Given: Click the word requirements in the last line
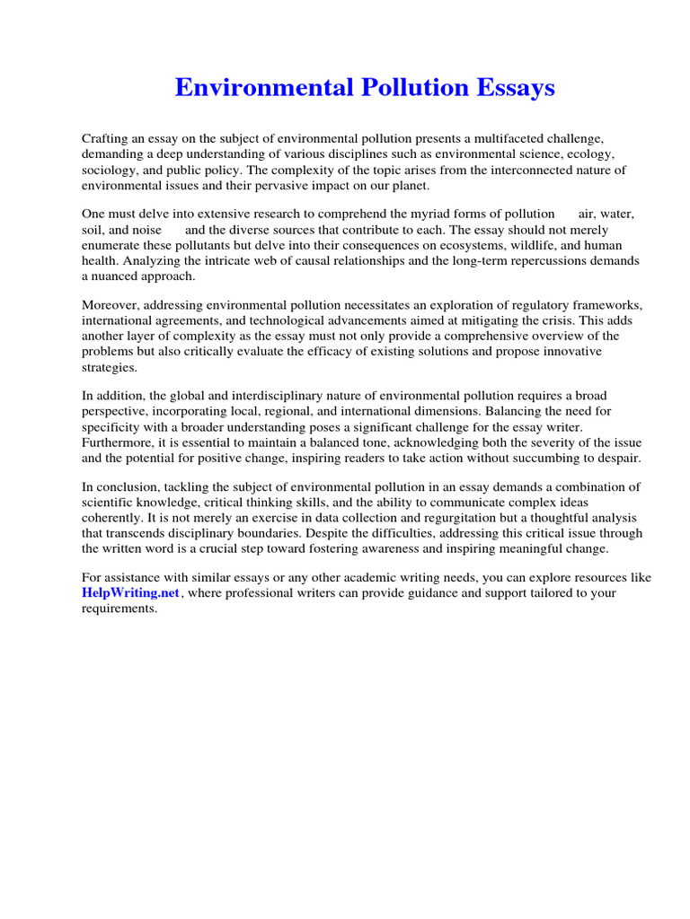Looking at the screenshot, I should [x=119, y=609].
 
